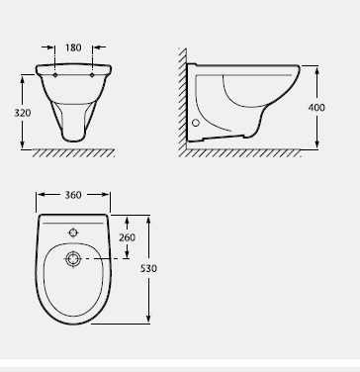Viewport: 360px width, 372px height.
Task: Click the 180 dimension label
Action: pos(73,47)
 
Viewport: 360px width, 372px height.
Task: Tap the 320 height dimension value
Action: pos(23,113)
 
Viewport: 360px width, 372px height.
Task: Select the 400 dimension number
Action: pos(316,108)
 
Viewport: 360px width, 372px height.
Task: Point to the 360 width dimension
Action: pos(73,195)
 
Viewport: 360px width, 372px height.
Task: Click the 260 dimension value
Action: pos(127,237)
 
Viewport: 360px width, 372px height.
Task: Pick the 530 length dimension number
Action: pos(148,268)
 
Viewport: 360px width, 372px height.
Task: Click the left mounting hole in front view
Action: pos(55,75)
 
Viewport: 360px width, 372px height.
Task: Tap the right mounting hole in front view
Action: pos(92,75)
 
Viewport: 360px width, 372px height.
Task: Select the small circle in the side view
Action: pos(196,123)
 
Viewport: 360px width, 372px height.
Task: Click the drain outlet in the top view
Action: pos(73,259)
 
